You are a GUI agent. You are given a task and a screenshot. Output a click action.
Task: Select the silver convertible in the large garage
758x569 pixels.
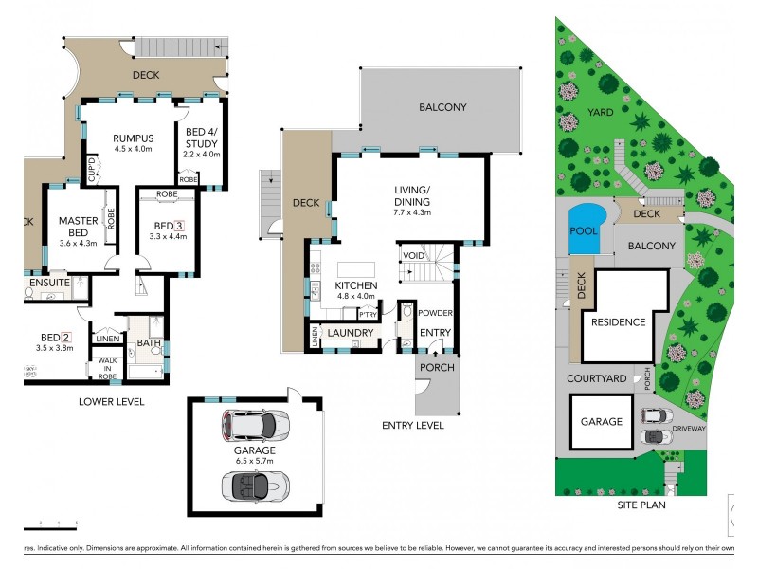pos(254,485)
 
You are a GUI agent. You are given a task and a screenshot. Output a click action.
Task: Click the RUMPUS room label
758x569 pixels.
pos(133,137)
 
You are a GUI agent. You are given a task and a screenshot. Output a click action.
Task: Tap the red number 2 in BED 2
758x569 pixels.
pos(66,337)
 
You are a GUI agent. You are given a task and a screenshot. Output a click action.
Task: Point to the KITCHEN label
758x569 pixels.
pos(357,285)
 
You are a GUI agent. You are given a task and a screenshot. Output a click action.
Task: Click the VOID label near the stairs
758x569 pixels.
pos(413,256)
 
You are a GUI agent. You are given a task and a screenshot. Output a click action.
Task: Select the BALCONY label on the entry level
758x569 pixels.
pos(443,107)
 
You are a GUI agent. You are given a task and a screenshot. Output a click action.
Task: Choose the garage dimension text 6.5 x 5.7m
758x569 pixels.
pos(256,462)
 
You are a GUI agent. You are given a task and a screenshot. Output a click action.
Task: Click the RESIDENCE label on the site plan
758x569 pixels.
pos(619,322)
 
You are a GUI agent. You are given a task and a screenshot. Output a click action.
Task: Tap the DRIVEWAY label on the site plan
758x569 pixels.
pos(689,428)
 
